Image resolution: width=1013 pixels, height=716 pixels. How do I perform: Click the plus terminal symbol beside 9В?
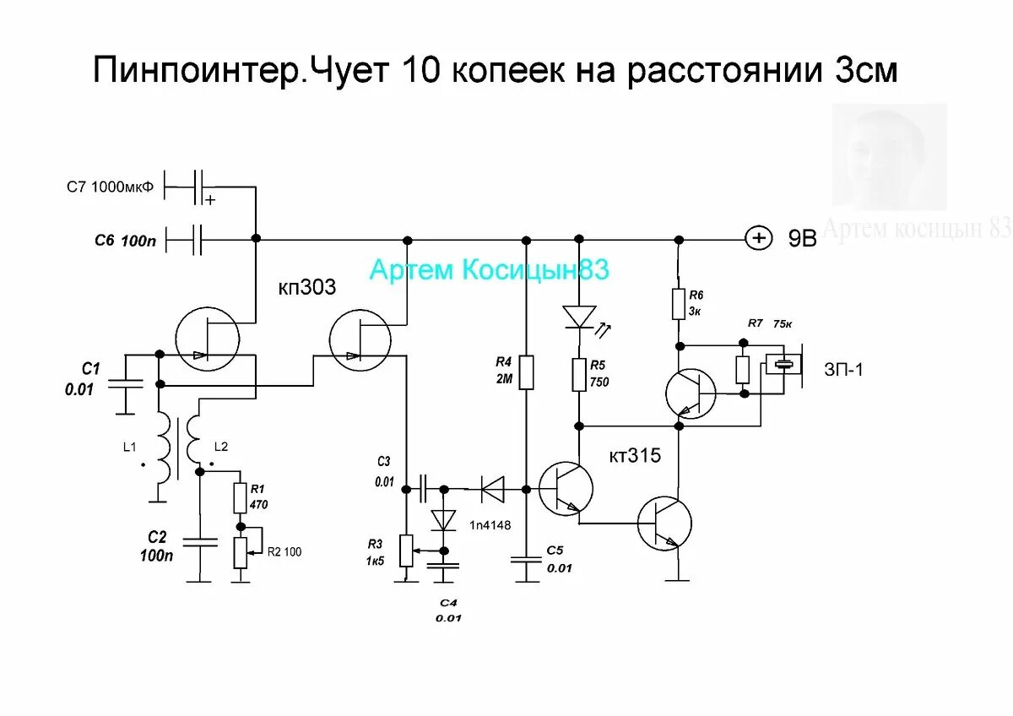click(759, 239)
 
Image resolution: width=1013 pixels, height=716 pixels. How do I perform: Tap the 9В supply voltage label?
click(803, 239)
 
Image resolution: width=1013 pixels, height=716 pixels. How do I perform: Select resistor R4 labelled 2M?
click(526, 372)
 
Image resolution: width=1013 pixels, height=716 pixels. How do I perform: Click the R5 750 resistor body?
click(579, 374)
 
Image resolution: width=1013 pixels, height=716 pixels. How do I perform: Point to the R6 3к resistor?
click(678, 304)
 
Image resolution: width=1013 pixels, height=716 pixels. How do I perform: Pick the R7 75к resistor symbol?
click(743, 369)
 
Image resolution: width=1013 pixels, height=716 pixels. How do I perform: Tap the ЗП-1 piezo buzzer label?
click(844, 369)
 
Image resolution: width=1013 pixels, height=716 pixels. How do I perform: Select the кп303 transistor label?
click(307, 288)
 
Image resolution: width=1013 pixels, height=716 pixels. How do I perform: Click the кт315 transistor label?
click(635, 457)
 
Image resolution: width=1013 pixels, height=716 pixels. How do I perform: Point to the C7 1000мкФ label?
click(111, 187)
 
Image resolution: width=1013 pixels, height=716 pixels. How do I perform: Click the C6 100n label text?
click(126, 241)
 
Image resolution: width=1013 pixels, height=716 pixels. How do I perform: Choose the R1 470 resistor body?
click(239, 499)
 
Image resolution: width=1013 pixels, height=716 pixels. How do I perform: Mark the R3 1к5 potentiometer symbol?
click(406, 551)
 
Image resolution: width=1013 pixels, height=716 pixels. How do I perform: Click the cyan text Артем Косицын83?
click(489, 270)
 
